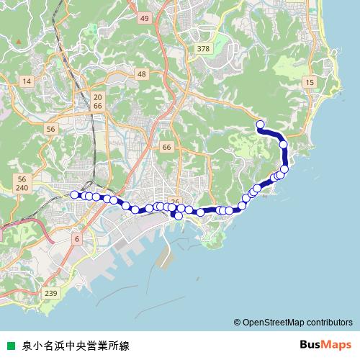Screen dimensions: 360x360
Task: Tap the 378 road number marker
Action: (202, 49)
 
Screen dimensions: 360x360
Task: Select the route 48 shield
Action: (141, 74)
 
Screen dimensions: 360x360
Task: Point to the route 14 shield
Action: (27, 81)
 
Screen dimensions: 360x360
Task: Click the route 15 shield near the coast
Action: (309, 84)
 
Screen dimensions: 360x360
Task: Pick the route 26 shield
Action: (174, 202)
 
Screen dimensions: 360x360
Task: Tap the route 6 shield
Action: (77, 238)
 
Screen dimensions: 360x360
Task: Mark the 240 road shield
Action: (22, 188)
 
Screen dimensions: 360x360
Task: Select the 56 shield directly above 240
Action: (22, 179)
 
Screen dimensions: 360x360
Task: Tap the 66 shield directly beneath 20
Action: (98, 105)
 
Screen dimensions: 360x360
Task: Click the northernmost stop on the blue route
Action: (260, 125)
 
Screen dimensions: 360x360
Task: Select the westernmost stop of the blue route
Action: (74, 194)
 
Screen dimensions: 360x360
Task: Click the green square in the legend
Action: (10, 346)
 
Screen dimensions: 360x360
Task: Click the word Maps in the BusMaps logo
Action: (336, 345)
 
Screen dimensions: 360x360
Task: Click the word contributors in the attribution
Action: (328, 322)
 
